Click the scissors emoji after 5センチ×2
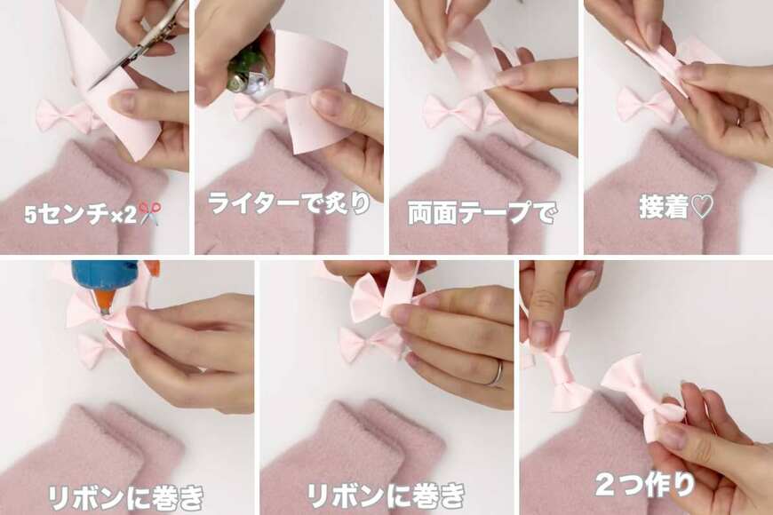click(x=149, y=213)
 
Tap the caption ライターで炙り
click(x=290, y=202)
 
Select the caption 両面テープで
click(x=482, y=213)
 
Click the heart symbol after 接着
click(x=702, y=207)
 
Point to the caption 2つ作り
click(x=645, y=485)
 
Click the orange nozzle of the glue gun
click(x=103, y=301)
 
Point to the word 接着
click(x=664, y=207)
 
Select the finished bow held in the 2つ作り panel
click(x=642, y=394)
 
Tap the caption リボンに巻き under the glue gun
click(x=125, y=498)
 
